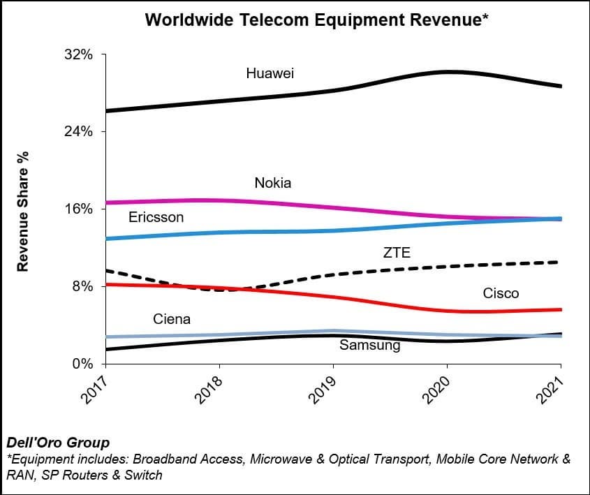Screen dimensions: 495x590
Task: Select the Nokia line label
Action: [x=272, y=183]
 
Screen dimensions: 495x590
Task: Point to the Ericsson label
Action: [x=156, y=217]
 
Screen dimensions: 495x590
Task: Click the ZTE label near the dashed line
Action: [x=397, y=253]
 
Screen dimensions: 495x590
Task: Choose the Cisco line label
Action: [x=501, y=293]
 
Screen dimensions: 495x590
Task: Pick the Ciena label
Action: [x=172, y=319]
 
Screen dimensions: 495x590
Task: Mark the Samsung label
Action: [x=369, y=345]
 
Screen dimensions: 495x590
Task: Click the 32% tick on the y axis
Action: [x=78, y=54]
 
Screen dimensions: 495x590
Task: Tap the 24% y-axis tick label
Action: [x=78, y=132]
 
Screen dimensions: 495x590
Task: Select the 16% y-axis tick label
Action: [x=78, y=209]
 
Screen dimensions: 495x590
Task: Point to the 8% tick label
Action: [x=82, y=286]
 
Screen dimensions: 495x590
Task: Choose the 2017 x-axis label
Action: [x=97, y=390]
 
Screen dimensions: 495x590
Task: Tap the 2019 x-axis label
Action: [x=325, y=390]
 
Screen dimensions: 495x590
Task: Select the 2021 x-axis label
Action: [x=553, y=390]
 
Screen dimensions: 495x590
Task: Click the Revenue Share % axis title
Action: [x=22, y=209]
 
